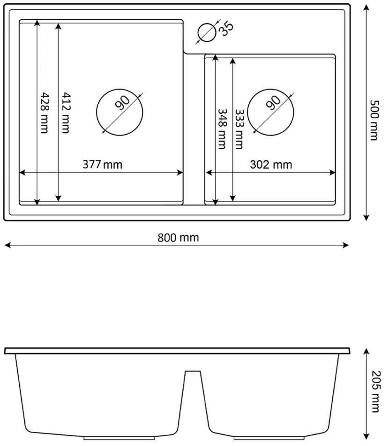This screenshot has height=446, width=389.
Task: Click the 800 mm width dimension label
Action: pos(178,238)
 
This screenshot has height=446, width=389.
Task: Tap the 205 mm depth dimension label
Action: pos(374,393)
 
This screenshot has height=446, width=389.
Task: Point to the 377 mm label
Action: pos(102,165)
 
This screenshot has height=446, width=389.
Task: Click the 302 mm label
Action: pos(271,165)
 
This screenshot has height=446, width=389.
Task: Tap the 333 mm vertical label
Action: pos(239,129)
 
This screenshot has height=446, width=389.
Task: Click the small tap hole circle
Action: pos(207,33)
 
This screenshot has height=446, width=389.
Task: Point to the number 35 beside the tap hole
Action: pos(226,28)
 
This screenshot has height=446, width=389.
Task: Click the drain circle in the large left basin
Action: pos(119,113)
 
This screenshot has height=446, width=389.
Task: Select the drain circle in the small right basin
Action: pos(271,113)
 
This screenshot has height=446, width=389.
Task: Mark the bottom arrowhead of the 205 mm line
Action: pos(367,434)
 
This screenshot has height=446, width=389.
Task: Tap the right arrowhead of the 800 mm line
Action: pos(347,245)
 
